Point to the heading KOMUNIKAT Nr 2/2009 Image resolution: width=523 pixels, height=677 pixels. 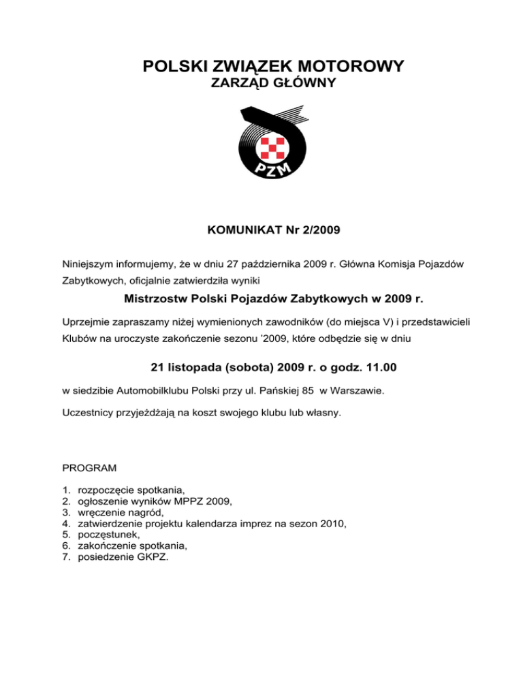[273, 230]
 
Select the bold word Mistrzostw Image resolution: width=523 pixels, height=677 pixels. [157, 298]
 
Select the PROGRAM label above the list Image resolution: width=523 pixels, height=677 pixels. [89, 469]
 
